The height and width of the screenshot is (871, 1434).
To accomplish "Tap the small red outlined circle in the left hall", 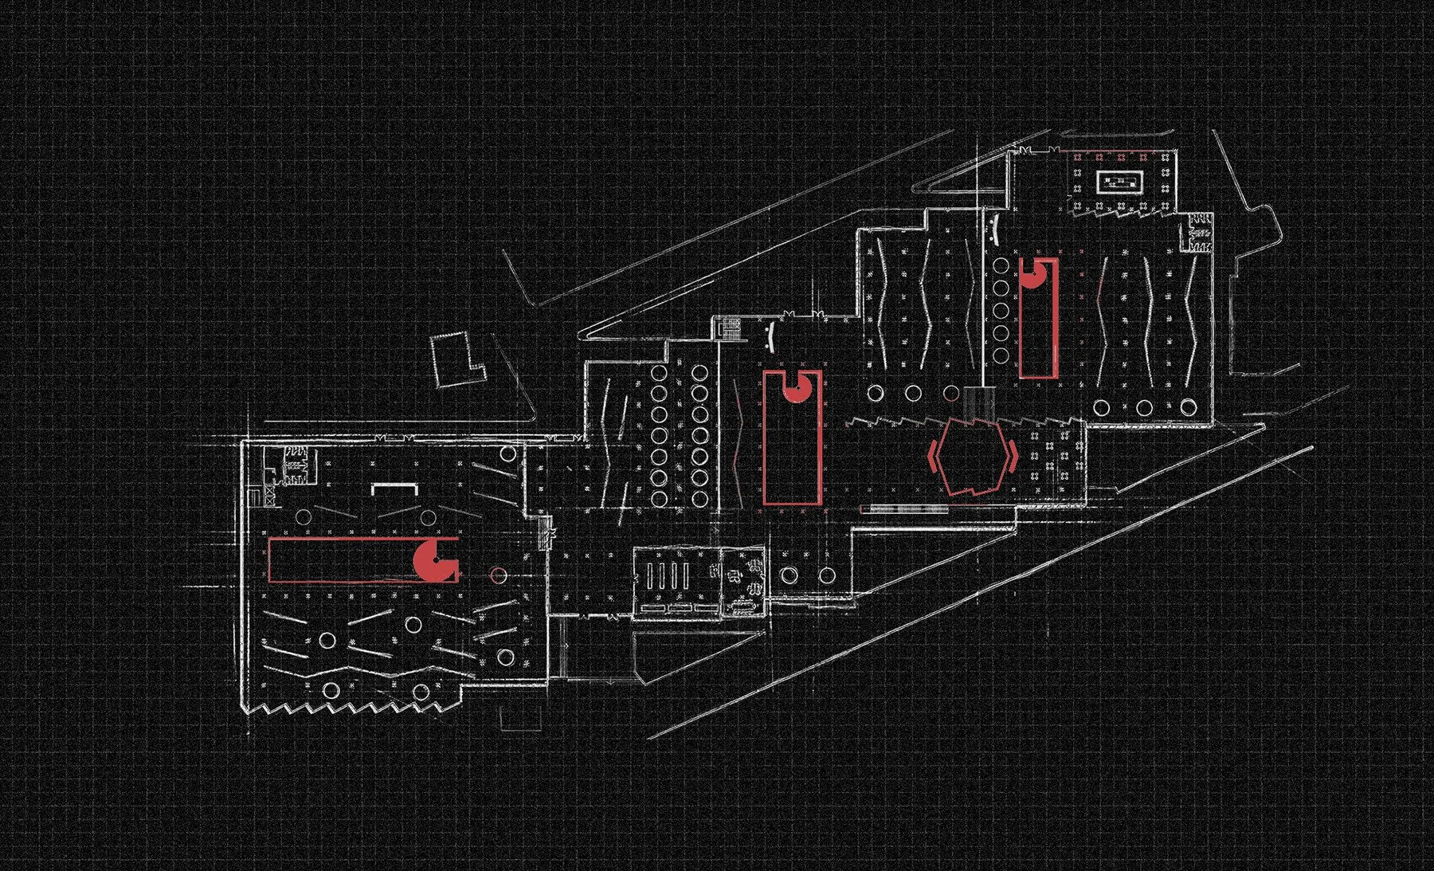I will point(498,574).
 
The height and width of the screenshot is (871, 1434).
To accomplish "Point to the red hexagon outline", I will point(971,457).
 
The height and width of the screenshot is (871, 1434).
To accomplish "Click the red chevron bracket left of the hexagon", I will point(933,456).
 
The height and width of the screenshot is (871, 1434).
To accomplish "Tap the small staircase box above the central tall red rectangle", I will point(728,328).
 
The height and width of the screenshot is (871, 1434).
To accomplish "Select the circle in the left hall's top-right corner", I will point(507,455).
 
